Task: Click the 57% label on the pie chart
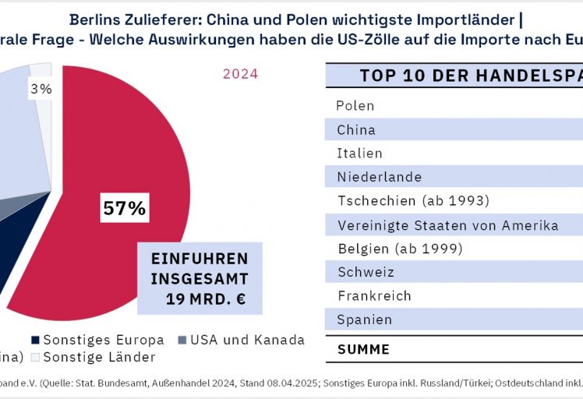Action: pyautogui.click(x=125, y=209)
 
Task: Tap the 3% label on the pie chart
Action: pyautogui.click(x=41, y=89)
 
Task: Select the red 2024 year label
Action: pyautogui.click(x=240, y=74)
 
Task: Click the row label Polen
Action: pyautogui.click(x=355, y=105)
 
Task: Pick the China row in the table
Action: pyautogui.click(x=356, y=129)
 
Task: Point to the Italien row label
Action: pyautogui.click(x=359, y=153)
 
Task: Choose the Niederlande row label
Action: pyautogui.click(x=380, y=177)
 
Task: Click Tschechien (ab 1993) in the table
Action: pyautogui.click(x=413, y=201)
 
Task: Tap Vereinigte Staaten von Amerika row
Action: pyautogui.click(x=448, y=225)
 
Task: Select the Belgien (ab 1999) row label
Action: pyautogui.click(x=400, y=249)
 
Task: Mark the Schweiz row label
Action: pyautogui.click(x=366, y=272)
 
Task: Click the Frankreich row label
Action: pyautogui.click(x=374, y=295)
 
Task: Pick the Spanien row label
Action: pyautogui.click(x=364, y=320)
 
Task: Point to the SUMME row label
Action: pyautogui.click(x=363, y=349)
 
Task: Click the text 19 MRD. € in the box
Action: pyautogui.click(x=206, y=298)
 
